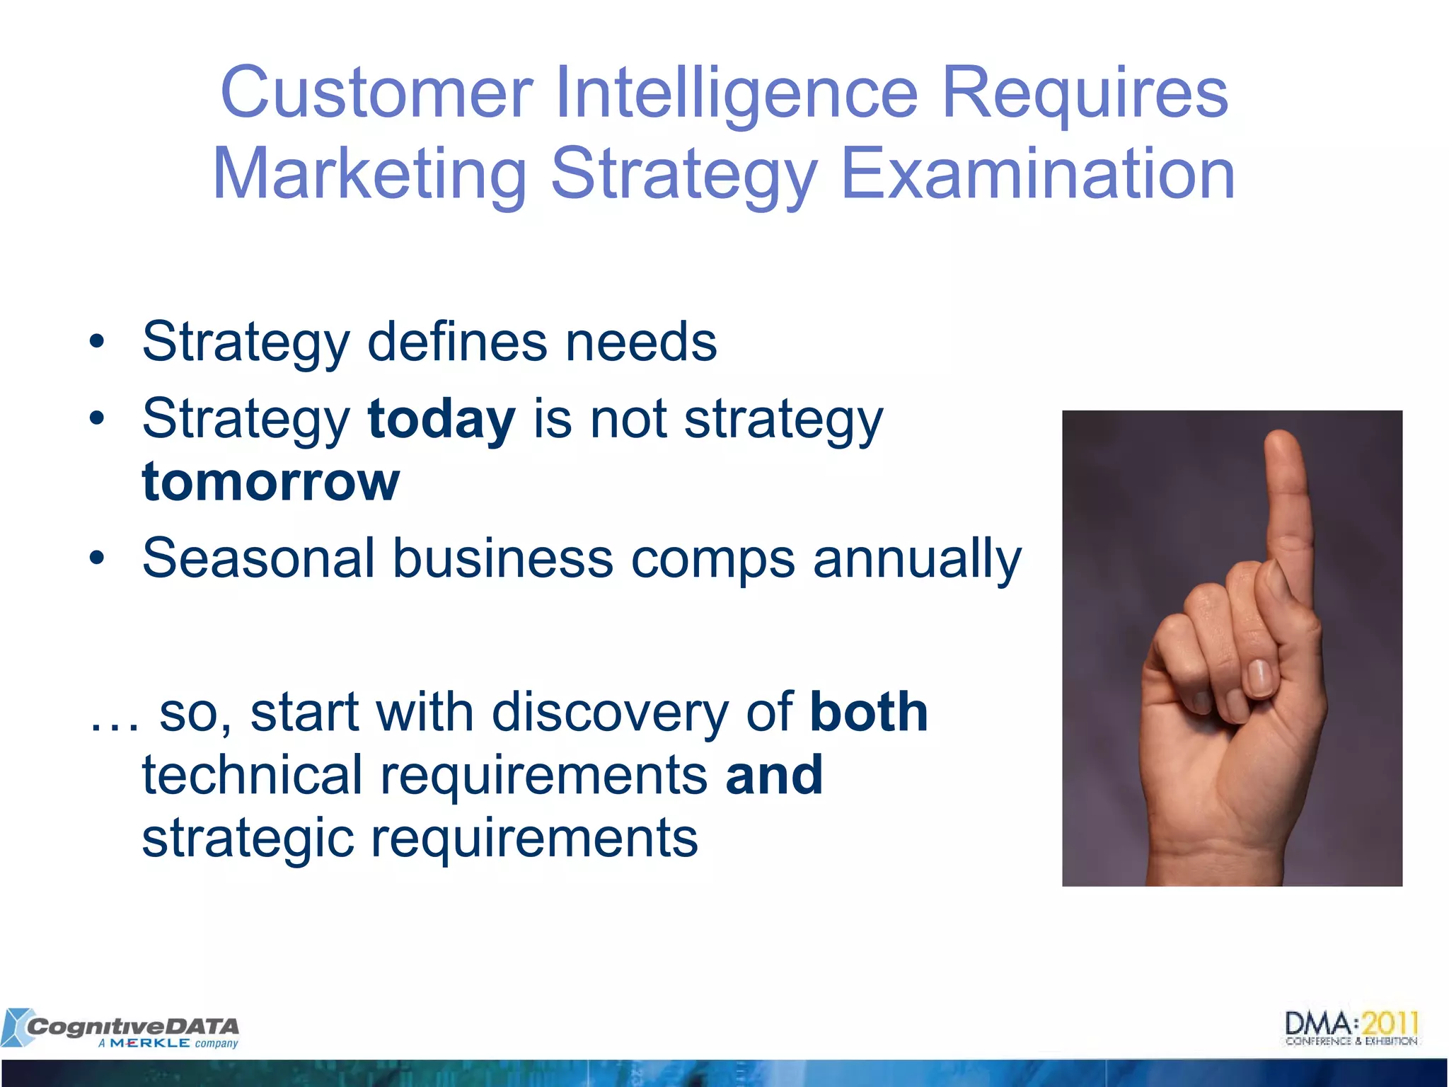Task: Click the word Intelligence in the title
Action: click(736, 93)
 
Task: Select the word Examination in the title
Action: click(1038, 174)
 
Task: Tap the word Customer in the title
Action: click(376, 93)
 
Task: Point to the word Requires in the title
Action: click(1085, 93)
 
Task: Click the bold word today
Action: click(441, 419)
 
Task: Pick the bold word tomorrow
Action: click(271, 482)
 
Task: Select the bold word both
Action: click(869, 712)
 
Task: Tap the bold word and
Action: click(774, 775)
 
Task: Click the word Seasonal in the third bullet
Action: click(258, 558)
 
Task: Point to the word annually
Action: click(917, 558)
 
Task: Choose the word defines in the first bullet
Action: click(457, 342)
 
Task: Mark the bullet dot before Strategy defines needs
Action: click(97, 343)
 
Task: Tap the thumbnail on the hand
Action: click(1259, 677)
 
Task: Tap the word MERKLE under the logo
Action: click(150, 1044)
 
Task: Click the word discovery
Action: click(609, 712)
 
